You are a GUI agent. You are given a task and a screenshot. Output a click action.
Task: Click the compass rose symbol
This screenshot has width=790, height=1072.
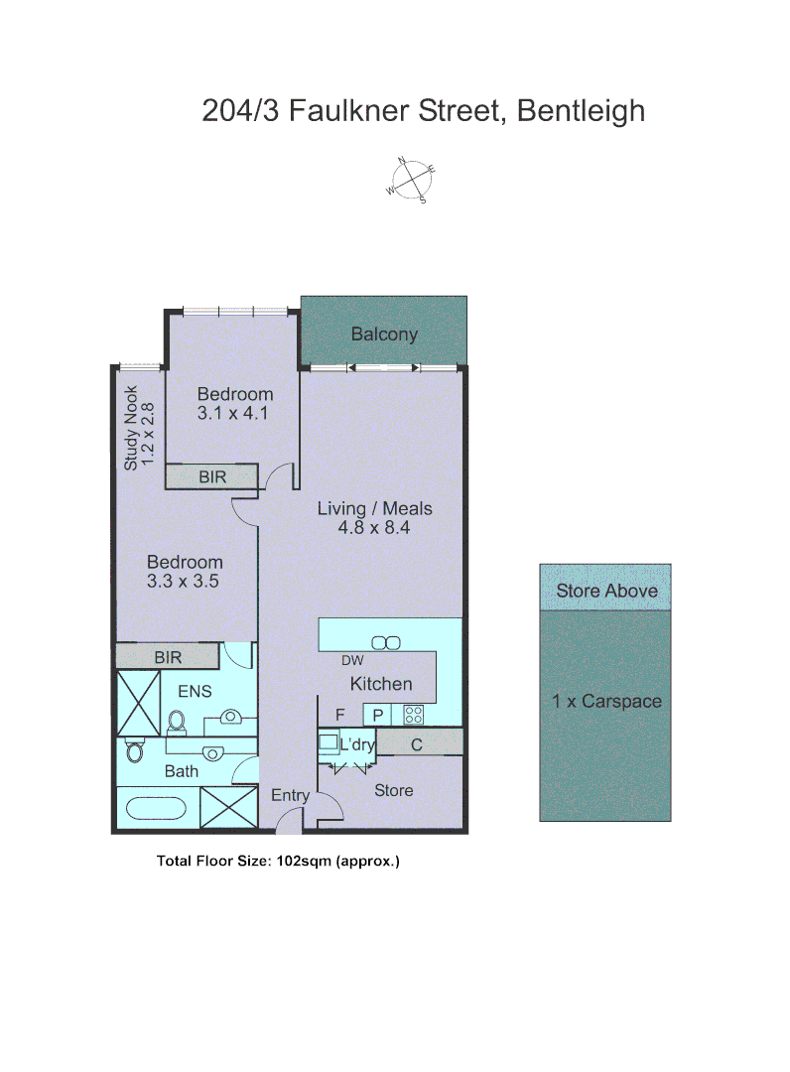(x=411, y=180)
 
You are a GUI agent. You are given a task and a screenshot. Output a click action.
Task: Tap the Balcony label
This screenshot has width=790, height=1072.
(x=384, y=335)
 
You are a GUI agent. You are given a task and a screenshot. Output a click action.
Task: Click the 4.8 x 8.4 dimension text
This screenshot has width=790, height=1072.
(x=375, y=528)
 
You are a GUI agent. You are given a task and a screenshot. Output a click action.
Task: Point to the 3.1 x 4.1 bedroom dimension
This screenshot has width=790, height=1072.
(x=234, y=413)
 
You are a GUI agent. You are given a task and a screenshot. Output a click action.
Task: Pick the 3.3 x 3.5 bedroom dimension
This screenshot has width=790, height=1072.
(x=183, y=582)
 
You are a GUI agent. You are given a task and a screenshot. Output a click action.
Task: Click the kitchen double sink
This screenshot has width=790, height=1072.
(x=385, y=642)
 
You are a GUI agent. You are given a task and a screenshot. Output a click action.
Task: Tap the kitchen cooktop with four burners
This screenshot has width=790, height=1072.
(x=414, y=714)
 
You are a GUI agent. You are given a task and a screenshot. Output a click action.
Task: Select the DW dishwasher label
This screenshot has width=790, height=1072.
(x=351, y=661)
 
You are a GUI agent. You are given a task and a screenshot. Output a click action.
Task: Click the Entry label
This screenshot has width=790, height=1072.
(x=290, y=795)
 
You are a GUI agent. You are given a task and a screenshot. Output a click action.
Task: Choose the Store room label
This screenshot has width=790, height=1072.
(x=393, y=790)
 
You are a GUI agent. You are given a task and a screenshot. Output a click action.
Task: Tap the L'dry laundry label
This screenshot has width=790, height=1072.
(x=357, y=744)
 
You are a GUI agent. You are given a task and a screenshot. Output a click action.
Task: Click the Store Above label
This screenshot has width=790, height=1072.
(x=606, y=591)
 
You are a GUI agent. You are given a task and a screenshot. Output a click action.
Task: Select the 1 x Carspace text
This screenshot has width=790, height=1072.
(x=606, y=701)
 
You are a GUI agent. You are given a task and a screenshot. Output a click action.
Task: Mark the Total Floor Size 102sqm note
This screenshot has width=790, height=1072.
(x=278, y=861)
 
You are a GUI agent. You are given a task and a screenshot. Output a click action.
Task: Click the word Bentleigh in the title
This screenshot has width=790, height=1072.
(x=581, y=110)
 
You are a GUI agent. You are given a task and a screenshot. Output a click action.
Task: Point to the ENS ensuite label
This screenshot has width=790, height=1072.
(x=195, y=691)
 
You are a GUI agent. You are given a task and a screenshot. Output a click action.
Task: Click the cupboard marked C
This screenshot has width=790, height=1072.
(x=417, y=743)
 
